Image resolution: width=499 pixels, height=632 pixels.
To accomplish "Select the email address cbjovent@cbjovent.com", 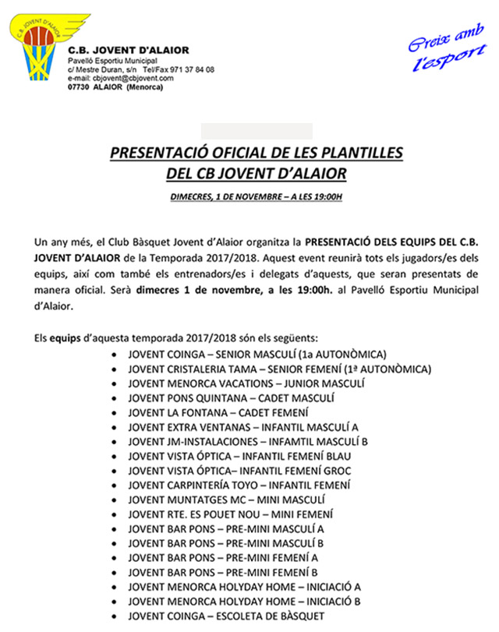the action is point(132,78).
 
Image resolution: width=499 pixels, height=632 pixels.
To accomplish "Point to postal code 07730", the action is point(80,87).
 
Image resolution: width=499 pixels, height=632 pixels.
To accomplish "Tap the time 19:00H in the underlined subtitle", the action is point(326,197).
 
